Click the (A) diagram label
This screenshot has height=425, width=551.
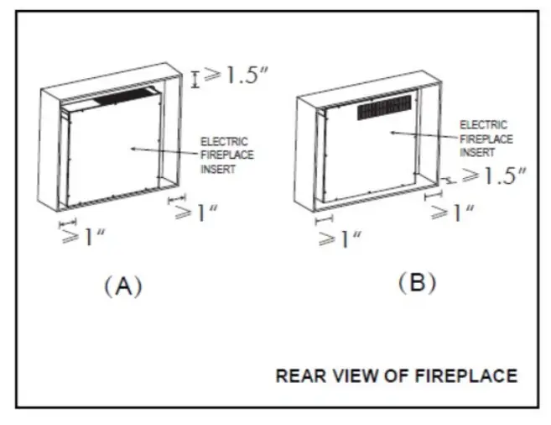pos(123,286)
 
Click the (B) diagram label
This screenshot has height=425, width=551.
pos(417,282)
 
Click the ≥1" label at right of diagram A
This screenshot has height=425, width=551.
pos(196,213)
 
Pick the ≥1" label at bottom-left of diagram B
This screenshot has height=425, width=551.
pos(340,239)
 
